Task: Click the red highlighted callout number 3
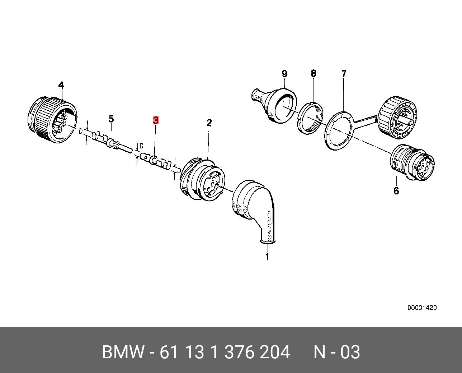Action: [155, 120]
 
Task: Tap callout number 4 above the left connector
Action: [61, 86]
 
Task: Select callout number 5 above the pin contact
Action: [111, 119]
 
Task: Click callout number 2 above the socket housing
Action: [209, 123]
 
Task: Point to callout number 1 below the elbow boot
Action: [267, 257]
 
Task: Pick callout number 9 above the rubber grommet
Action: [284, 74]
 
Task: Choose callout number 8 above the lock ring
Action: [313, 74]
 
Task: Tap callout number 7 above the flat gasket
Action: [344, 74]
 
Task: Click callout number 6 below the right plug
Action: [396, 191]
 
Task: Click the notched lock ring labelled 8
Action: [311, 119]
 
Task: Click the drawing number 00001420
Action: [422, 308]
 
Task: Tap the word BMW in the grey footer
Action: [123, 352]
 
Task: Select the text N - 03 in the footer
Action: [336, 352]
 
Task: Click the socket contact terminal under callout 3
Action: [155, 161]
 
